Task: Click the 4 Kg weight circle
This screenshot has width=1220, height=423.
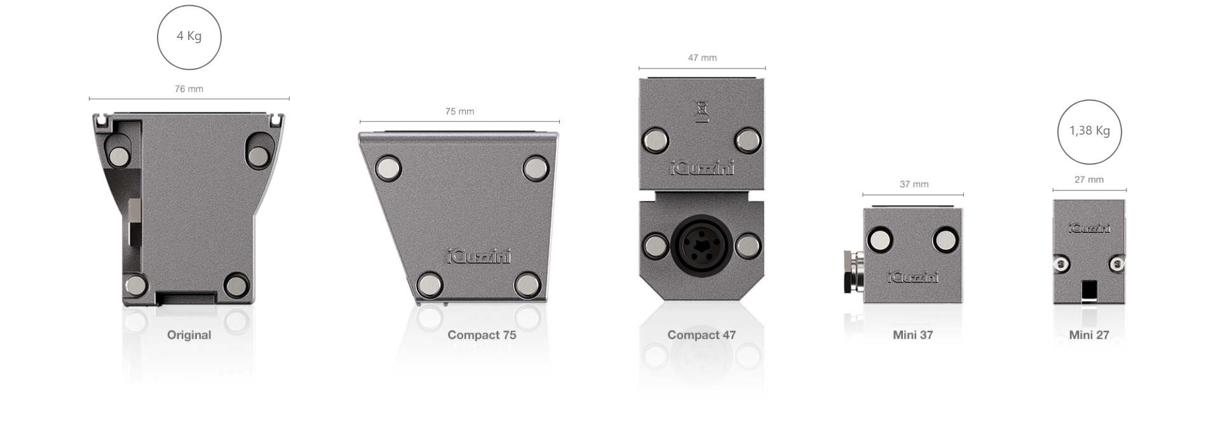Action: (189, 6)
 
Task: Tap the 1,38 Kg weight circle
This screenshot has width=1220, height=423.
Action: (1090, 101)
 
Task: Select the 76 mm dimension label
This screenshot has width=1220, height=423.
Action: (189, 89)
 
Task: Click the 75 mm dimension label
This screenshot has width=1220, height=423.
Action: (460, 111)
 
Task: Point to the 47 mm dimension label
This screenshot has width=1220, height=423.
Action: (702, 58)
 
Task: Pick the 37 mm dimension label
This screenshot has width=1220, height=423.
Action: (914, 184)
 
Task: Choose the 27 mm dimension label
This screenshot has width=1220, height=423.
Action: (1089, 180)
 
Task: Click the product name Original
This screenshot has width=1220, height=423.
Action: (189, 335)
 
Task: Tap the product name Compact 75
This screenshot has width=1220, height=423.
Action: (482, 335)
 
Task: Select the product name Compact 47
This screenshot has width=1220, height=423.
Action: (701, 335)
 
